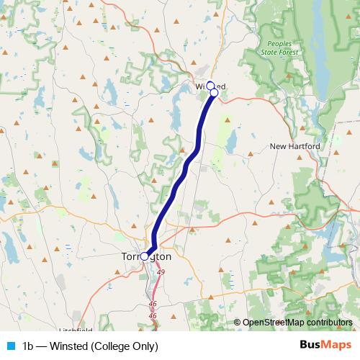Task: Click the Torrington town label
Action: pos(146,256)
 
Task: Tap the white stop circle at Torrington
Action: pos(145,256)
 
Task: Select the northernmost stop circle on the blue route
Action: pos(210,85)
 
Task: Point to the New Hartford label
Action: pos(294,146)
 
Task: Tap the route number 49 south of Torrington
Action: pos(160,271)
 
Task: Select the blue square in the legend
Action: pos(10,346)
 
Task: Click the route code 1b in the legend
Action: pos(29,346)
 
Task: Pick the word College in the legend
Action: pos(112,346)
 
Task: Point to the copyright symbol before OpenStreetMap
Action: pos(238,323)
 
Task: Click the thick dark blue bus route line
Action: pos(180,180)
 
